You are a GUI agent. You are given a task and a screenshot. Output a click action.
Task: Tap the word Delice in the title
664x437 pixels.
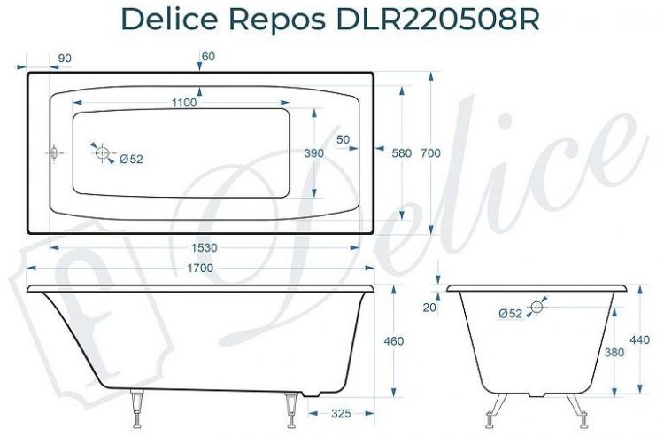[x=170, y=20]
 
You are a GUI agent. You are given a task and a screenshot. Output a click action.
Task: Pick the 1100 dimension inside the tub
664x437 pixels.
[x=183, y=102]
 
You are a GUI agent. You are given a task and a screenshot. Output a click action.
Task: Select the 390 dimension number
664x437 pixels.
[x=314, y=153]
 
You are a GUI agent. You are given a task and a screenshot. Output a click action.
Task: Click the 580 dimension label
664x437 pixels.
[x=402, y=153]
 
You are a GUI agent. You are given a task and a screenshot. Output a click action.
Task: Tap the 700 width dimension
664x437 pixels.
[x=430, y=153]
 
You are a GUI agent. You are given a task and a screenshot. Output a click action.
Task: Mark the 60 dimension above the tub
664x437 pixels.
[x=208, y=57]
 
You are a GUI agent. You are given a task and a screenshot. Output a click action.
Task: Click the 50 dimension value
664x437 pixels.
[x=344, y=139]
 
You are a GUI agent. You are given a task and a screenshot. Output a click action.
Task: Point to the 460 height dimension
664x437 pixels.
[x=394, y=341]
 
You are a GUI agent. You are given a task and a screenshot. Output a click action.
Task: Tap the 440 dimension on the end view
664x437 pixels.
[x=639, y=339]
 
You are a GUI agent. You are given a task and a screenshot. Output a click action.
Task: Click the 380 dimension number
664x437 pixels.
[x=613, y=352]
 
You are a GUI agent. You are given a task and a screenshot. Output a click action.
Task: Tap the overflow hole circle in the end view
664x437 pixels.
[x=535, y=308]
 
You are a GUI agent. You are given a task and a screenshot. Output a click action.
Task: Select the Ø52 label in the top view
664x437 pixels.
[x=130, y=160]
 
